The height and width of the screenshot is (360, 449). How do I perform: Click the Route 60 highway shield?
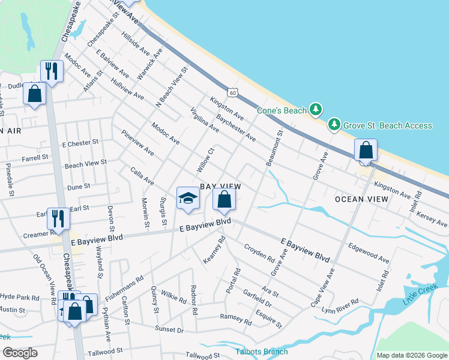click(x=234, y=92)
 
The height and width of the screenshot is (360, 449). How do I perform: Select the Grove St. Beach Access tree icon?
click(x=334, y=125)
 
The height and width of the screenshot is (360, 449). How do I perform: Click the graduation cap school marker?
click(x=188, y=199)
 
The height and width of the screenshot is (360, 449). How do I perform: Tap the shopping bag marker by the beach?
click(x=366, y=150)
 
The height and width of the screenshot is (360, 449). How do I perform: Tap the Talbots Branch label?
click(x=261, y=352)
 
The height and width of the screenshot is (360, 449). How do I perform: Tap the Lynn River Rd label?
click(x=340, y=305)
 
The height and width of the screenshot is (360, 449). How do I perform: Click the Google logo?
click(x=20, y=352)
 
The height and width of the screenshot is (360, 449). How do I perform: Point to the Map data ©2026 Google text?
click(x=411, y=355)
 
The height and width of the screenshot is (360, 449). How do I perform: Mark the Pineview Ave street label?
click(x=137, y=143)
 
